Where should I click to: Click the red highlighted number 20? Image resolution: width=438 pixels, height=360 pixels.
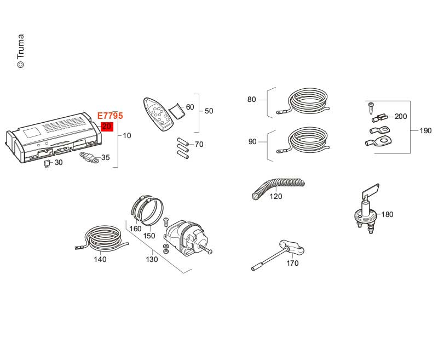click(x=107, y=127)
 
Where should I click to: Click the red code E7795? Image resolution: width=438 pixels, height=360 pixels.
click(x=110, y=116)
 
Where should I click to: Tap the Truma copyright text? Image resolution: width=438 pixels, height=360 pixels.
click(x=21, y=51)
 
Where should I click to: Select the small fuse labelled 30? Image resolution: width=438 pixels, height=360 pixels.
click(x=47, y=164)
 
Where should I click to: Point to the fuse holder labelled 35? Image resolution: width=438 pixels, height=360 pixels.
click(x=89, y=158)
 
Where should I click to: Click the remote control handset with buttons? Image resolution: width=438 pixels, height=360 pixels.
click(x=158, y=114)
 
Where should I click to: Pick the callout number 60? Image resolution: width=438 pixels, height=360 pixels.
click(x=190, y=107)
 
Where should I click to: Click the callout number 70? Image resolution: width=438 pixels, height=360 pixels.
click(x=199, y=144)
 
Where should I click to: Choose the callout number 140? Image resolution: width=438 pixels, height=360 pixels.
click(x=100, y=259)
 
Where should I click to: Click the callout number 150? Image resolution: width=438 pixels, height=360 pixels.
click(x=149, y=236)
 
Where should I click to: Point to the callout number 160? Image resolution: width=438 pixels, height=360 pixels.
click(x=135, y=228)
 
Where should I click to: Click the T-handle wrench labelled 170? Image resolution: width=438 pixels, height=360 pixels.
click(x=278, y=255)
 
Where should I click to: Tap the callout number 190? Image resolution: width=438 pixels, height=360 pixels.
click(x=425, y=130)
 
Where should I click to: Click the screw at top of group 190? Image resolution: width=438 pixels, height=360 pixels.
click(x=371, y=108)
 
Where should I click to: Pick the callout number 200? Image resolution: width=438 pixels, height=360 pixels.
click(x=401, y=116)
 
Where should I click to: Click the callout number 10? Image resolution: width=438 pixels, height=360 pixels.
click(x=127, y=135)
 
